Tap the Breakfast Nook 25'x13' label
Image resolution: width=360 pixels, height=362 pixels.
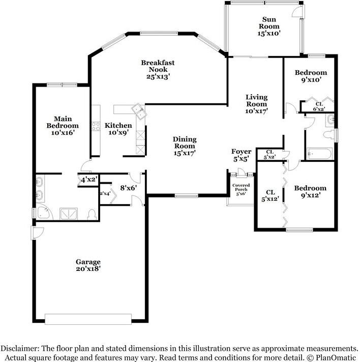(x=158, y=69)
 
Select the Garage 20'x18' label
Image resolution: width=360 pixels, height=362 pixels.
(x=88, y=265)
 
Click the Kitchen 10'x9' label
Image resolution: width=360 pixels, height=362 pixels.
(x=118, y=129)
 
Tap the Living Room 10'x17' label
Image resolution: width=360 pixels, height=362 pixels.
(x=256, y=104)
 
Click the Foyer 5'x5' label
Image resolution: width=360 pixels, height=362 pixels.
(x=241, y=155)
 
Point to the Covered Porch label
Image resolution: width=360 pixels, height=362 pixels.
(x=241, y=187)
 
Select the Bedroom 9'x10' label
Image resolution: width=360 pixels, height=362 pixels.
(x=311, y=76)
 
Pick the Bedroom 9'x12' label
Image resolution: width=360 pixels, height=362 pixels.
(x=310, y=191)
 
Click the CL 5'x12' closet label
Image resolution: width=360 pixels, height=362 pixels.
(x=271, y=196)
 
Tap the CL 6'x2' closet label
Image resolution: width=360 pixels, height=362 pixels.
(x=319, y=106)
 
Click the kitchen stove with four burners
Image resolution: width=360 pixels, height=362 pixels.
(x=96, y=126)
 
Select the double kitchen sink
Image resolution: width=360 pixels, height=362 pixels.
(x=139, y=111)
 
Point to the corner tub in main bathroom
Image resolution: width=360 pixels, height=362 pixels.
(x=44, y=212)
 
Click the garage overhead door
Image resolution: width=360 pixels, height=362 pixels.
(x=88, y=319)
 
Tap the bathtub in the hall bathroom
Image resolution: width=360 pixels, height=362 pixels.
(x=319, y=154)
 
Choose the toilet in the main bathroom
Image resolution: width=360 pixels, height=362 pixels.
(x=92, y=214)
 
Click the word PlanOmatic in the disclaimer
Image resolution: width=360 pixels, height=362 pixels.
(x=335, y=357)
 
